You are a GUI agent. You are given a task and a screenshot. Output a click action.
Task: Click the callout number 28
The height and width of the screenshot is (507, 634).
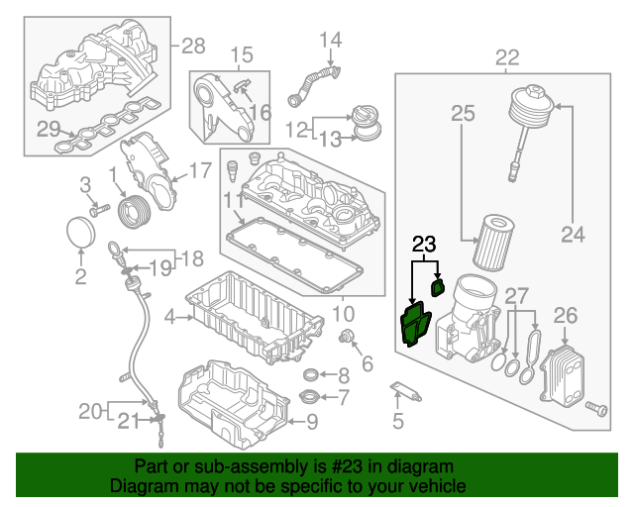coord(192,46)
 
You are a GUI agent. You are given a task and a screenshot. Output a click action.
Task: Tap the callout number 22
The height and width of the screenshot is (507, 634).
coord(506,57)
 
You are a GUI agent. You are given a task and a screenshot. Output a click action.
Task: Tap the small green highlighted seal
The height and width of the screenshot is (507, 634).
coord(436,287)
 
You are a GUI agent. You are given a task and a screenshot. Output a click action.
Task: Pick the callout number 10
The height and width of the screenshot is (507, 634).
coord(344,315)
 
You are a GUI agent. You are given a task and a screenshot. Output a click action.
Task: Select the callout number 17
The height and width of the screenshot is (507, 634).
coord(199,170)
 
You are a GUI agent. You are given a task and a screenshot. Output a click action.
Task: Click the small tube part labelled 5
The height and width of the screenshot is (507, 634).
coord(405,391)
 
